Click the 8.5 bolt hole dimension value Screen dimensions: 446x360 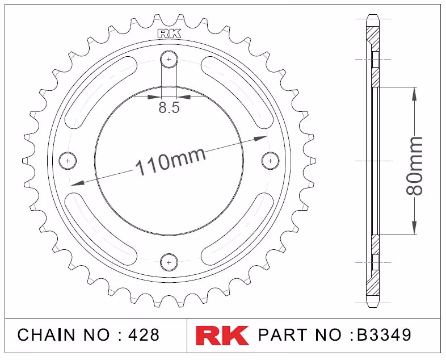click(169, 107)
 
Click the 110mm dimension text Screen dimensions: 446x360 click(171, 161)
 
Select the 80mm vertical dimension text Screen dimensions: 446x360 click(414, 166)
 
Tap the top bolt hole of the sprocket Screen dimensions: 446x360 click(169, 60)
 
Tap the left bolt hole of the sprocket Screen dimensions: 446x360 click(68, 161)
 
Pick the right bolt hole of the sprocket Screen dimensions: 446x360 click(270, 161)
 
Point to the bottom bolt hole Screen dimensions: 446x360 click(169, 262)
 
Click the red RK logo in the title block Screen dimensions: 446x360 click(222, 335)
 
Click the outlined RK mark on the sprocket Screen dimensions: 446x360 click(169, 34)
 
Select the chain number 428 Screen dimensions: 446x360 click(144, 335)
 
